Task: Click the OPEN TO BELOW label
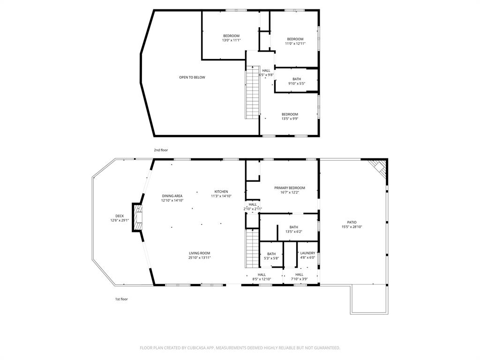pyautogui.click(x=192, y=77)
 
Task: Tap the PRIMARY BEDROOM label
pyautogui.click(x=289, y=188)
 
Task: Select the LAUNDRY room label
pyautogui.click(x=307, y=253)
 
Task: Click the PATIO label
pyautogui.click(x=352, y=222)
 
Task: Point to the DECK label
pyautogui.click(x=120, y=216)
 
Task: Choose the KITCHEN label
pyautogui.click(x=221, y=192)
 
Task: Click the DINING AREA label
pyautogui.click(x=172, y=196)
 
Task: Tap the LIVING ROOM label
pyautogui.click(x=199, y=253)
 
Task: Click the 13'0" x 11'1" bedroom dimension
pyautogui.click(x=231, y=41)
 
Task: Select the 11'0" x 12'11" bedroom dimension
pyautogui.click(x=295, y=44)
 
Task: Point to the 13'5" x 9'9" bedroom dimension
pyautogui.click(x=290, y=119)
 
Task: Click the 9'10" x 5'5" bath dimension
pyautogui.click(x=297, y=84)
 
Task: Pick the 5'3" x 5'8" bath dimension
pyautogui.click(x=271, y=258)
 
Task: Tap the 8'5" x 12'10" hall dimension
pyautogui.click(x=262, y=279)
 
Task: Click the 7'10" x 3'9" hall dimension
pyautogui.click(x=299, y=279)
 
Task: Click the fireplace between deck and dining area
pyautogui.click(x=138, y=217)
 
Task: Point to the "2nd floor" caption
pyautogui.click(x=161, y=150)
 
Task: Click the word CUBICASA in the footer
pyautogui.click(x=206, y=348)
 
